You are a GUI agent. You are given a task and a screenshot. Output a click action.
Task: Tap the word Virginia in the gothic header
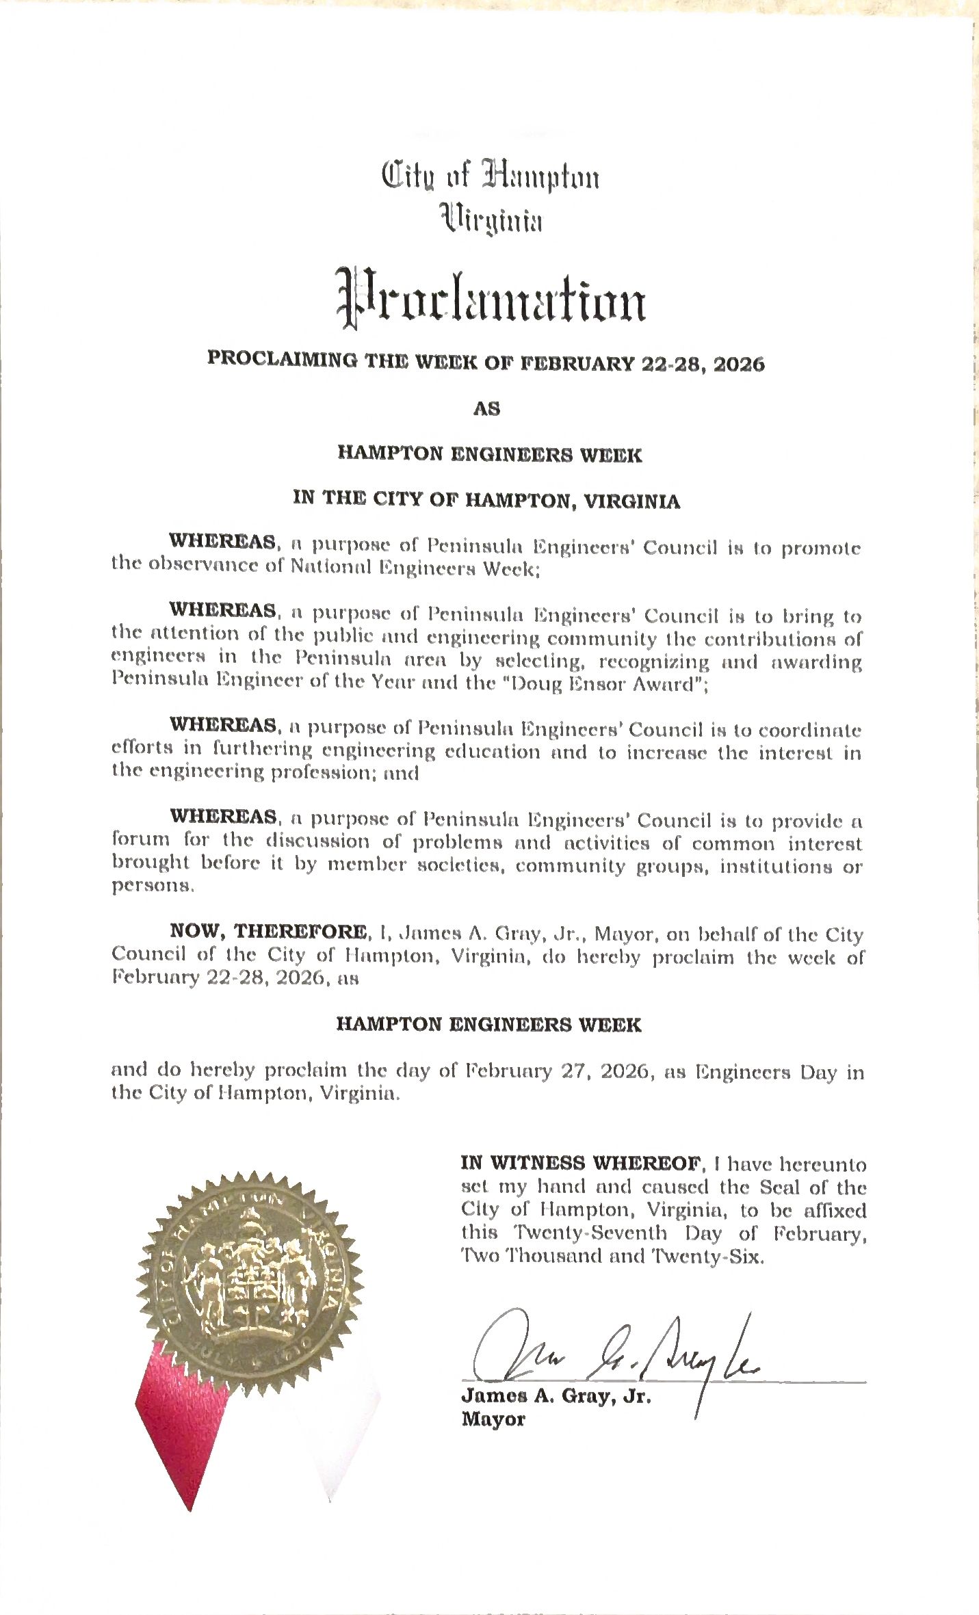point(491,220)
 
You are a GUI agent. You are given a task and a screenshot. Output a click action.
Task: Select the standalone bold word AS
point(487,409)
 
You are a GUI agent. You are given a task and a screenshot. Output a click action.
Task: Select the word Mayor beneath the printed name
point(493,1419)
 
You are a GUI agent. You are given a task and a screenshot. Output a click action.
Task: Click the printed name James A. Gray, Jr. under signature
point(556,1396)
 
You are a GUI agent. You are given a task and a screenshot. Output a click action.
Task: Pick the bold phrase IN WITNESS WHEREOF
point(582,1163)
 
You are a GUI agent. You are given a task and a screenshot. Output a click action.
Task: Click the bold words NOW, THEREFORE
point(267,932)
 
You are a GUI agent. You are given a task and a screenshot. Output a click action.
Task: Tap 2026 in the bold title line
point(739,364)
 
